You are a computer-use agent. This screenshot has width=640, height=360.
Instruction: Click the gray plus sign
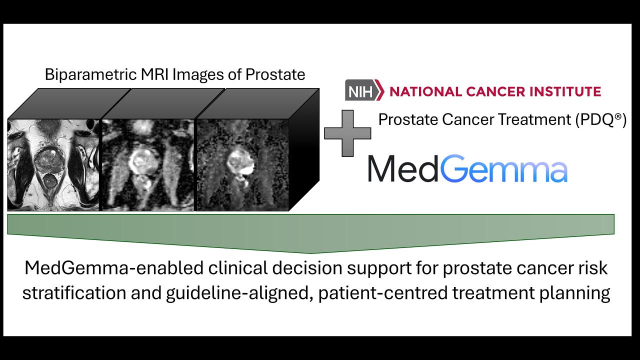click(347, 133)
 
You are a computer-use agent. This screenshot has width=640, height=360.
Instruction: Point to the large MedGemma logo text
click(467, 169)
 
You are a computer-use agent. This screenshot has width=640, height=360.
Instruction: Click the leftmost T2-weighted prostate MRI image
click(54, 164)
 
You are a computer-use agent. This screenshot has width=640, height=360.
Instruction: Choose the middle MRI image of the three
click(147, 164)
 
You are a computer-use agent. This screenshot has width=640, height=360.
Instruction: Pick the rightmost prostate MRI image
click(242, 164)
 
